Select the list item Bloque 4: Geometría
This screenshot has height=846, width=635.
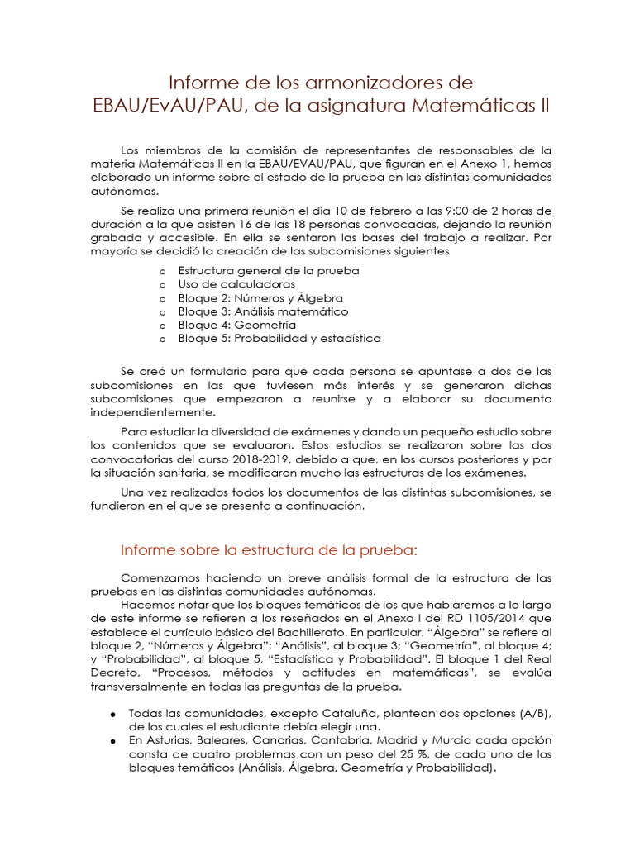click(237, 325)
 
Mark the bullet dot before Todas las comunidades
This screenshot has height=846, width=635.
click(112, 714)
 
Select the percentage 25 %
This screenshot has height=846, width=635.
click(423, 755)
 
